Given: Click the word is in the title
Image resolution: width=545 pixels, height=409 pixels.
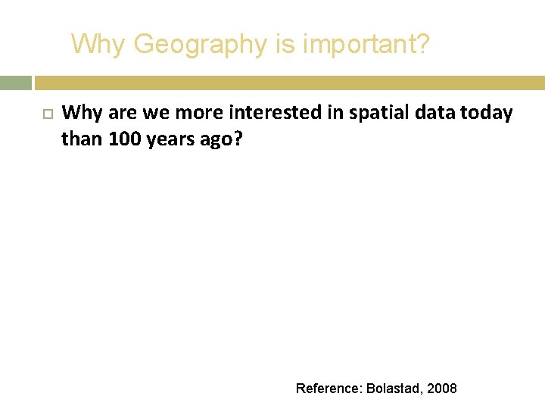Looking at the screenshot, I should (285, 45).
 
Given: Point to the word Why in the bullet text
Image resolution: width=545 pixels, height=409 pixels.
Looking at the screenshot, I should (83, 114).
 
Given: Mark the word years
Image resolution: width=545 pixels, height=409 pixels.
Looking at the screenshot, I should (172, 140).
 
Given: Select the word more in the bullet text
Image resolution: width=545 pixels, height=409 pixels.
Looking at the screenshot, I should (199, 114).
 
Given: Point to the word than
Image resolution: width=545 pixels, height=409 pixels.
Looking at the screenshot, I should (82, 139).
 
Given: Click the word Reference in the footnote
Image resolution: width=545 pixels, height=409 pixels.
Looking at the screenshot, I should (329, 389).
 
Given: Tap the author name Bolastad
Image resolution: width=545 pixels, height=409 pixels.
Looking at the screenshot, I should (395, 389).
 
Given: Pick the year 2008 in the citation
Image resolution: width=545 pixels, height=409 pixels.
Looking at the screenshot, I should (442, 389).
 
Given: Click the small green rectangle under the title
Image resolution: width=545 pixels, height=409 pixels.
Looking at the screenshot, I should (16, 83).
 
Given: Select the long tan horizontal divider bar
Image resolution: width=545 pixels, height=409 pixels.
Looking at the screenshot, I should (289, 83).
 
